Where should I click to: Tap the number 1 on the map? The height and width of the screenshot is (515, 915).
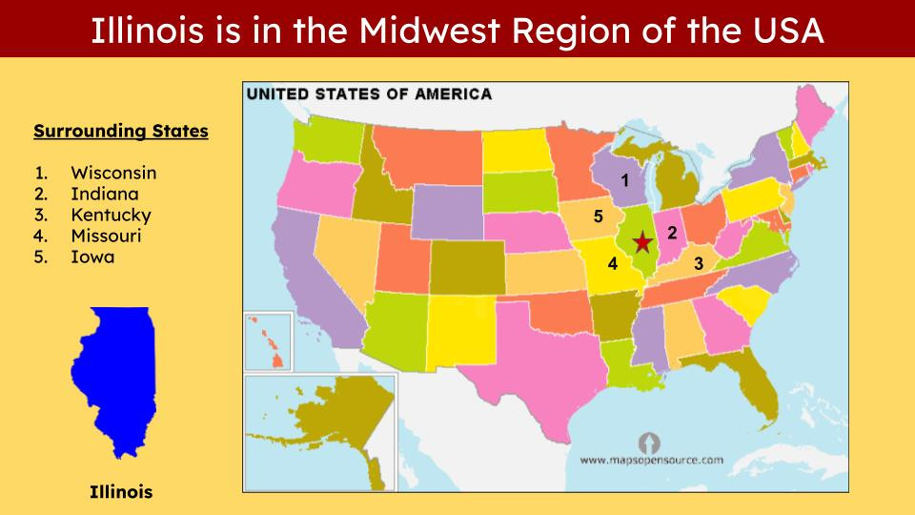pos(625,179)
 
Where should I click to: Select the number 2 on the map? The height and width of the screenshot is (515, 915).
pos(672,233)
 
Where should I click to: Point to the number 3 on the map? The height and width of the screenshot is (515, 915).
pos(699,263)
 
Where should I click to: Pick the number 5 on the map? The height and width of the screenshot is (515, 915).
pos(599,216)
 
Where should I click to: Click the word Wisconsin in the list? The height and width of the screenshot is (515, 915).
pos(113,173)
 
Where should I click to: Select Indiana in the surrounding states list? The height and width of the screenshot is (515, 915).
pos(104,194)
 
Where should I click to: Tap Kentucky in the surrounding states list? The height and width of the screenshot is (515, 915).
pos(111,215)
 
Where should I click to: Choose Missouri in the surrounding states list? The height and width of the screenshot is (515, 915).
pos(106,236)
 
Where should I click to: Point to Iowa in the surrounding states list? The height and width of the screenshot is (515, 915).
pos(92,257)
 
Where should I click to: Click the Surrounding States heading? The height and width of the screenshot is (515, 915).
pos(121,132)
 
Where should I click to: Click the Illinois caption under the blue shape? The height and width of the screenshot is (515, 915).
pos(121,492)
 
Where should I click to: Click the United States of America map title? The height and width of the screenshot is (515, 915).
pos(370,94)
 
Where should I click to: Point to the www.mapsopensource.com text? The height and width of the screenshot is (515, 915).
pos(651,460)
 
